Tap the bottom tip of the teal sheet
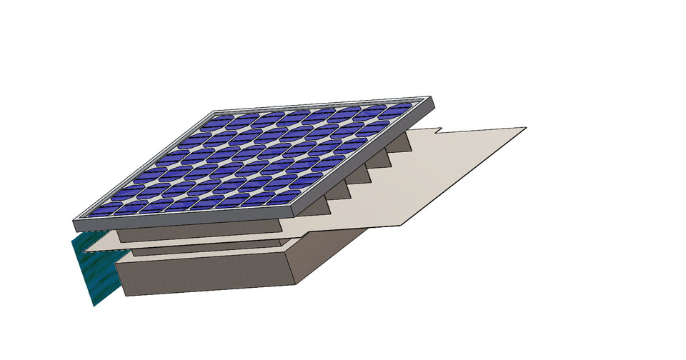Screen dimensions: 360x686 pyautogui.click(x=94, y=306)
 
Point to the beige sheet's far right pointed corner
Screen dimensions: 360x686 pyautogui.click(x=526, y=128)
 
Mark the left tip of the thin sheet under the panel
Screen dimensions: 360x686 pyautogui.click(x=84, y=251)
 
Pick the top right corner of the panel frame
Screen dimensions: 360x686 pyautogui.click(x=432, y=98)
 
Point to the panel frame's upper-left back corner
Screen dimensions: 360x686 pyautogui.click(x=214, y=111)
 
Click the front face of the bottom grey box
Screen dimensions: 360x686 pyautogui.click(x=207, y=276)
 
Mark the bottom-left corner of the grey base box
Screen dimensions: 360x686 pyautogui.click(x=126, y=295)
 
